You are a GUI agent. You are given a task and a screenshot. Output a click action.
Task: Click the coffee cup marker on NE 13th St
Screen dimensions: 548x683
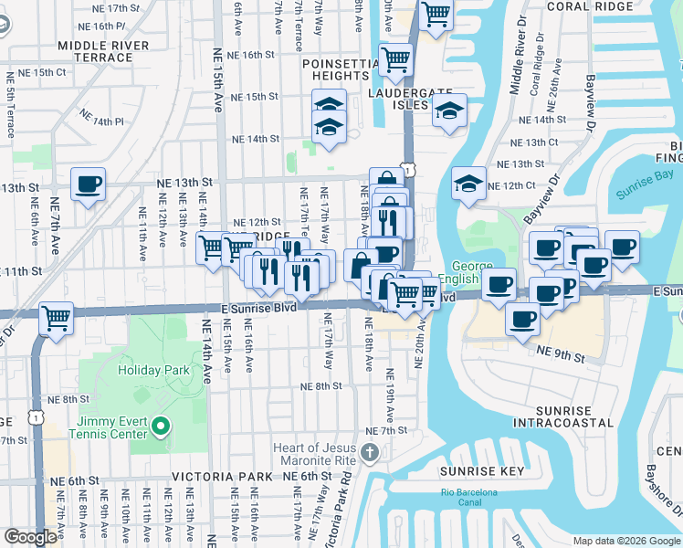click(x=88, y=184)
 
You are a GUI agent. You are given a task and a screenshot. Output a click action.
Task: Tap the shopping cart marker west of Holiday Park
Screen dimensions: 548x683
click(x=57, y=320)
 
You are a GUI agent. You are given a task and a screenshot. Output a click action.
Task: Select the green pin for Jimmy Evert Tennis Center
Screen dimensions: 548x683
click(x=161, y=426)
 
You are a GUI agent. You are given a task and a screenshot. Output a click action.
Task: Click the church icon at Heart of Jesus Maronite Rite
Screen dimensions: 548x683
click(x=368, y=452)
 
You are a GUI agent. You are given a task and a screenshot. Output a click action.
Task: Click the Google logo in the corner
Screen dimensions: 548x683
click(x=30, y=537)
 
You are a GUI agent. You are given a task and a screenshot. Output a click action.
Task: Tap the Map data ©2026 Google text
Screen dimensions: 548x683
click(x=625, y=541)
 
